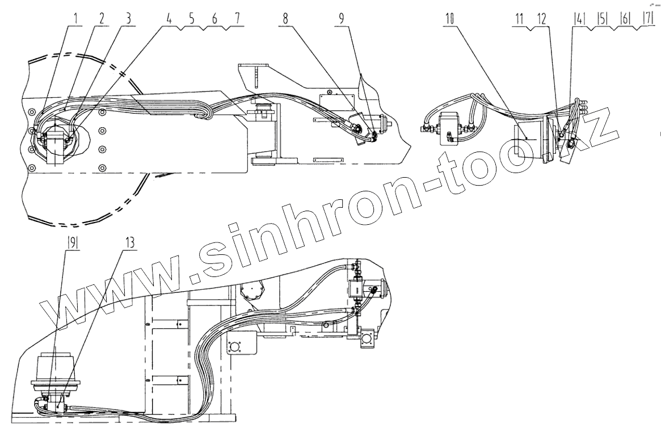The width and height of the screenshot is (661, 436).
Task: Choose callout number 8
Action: click(285, 18)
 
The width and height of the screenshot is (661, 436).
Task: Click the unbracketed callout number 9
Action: click(341, 18)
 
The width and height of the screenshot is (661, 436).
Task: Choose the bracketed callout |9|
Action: click(73, 241)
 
